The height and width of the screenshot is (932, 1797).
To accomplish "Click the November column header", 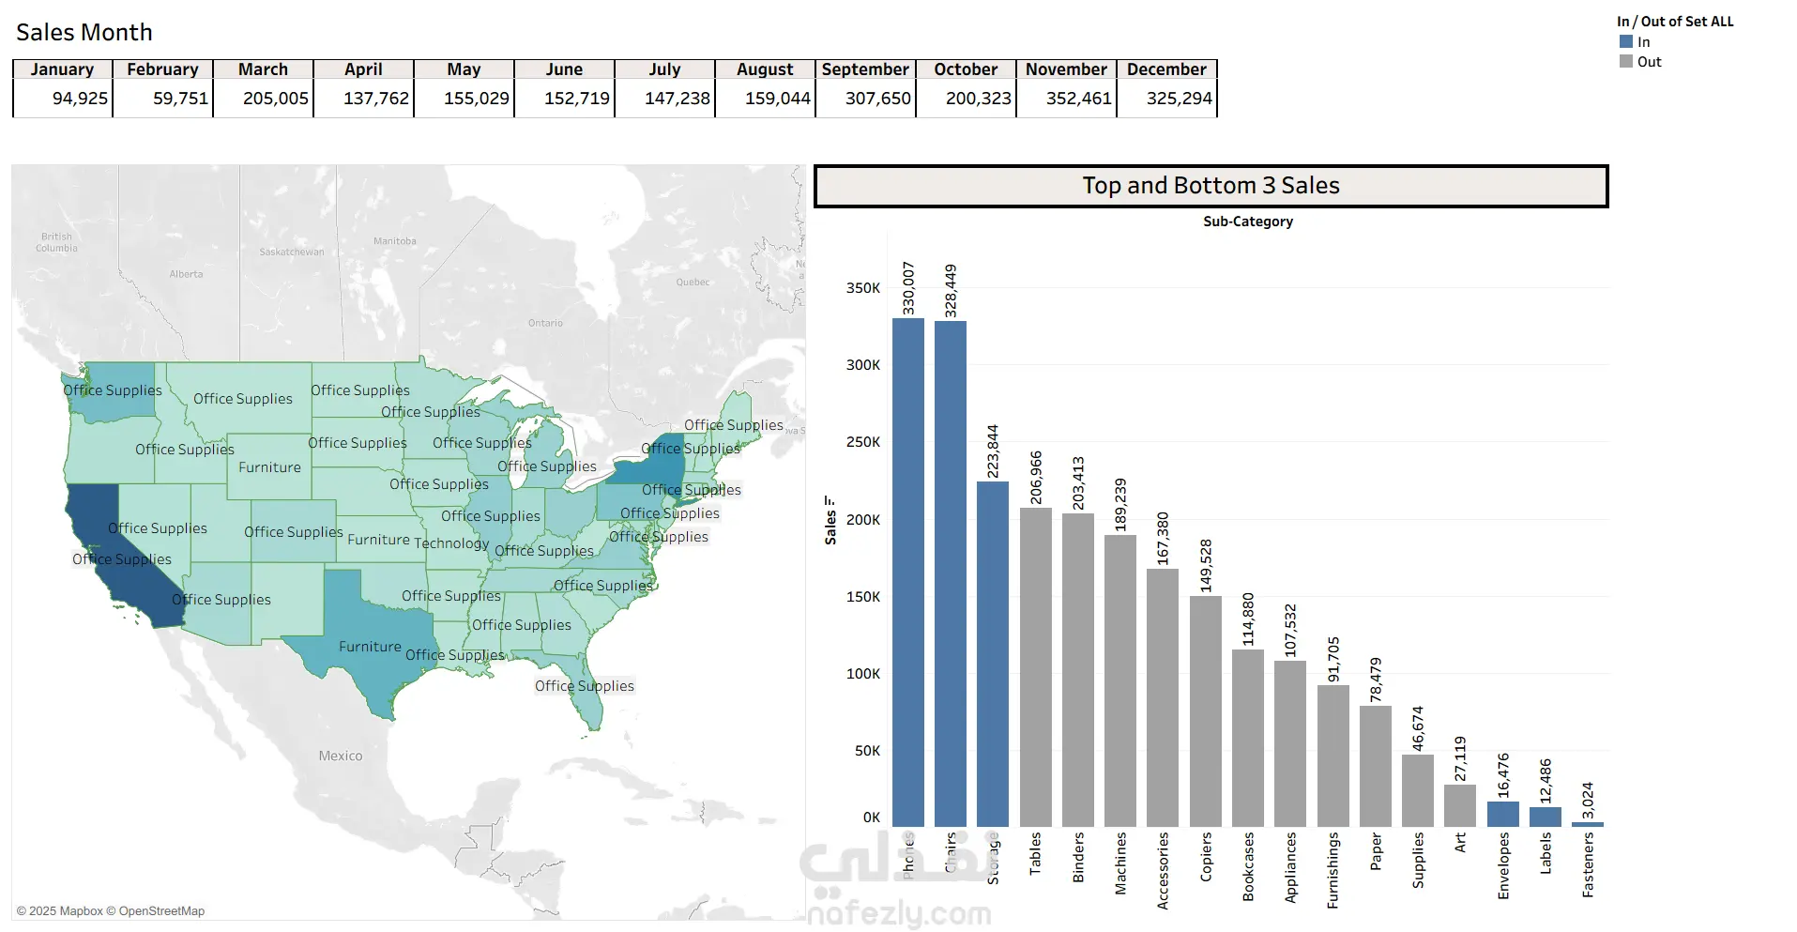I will [1066, 69].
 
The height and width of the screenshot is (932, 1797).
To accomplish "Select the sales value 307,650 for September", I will [877, 99].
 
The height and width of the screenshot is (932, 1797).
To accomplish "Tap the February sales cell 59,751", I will [180, 99].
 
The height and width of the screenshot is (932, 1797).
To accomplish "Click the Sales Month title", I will [84, 33].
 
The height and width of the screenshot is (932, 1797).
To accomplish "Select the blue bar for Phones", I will [907, 573].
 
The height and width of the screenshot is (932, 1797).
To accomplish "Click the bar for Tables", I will [1035, 666].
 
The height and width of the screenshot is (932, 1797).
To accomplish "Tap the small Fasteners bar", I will [1588, 824].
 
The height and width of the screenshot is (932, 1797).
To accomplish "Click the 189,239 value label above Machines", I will [1120, 505].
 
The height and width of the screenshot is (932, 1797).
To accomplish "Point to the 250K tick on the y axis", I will [862, 442].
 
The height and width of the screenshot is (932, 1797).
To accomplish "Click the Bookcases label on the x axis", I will [1248, 866].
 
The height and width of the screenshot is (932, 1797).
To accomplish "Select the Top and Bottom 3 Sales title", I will [1211, 186].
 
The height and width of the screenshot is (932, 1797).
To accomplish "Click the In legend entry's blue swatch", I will [1626, 42].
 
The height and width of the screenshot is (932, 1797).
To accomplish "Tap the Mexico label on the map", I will [340, 756].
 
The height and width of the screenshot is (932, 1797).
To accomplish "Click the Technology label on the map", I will [451, 543].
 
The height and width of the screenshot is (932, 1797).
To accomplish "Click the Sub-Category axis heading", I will [1247, 222].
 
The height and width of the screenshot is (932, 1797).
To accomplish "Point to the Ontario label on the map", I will [545, 323].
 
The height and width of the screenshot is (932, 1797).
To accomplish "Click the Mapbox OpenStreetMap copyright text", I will [111, 910].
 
